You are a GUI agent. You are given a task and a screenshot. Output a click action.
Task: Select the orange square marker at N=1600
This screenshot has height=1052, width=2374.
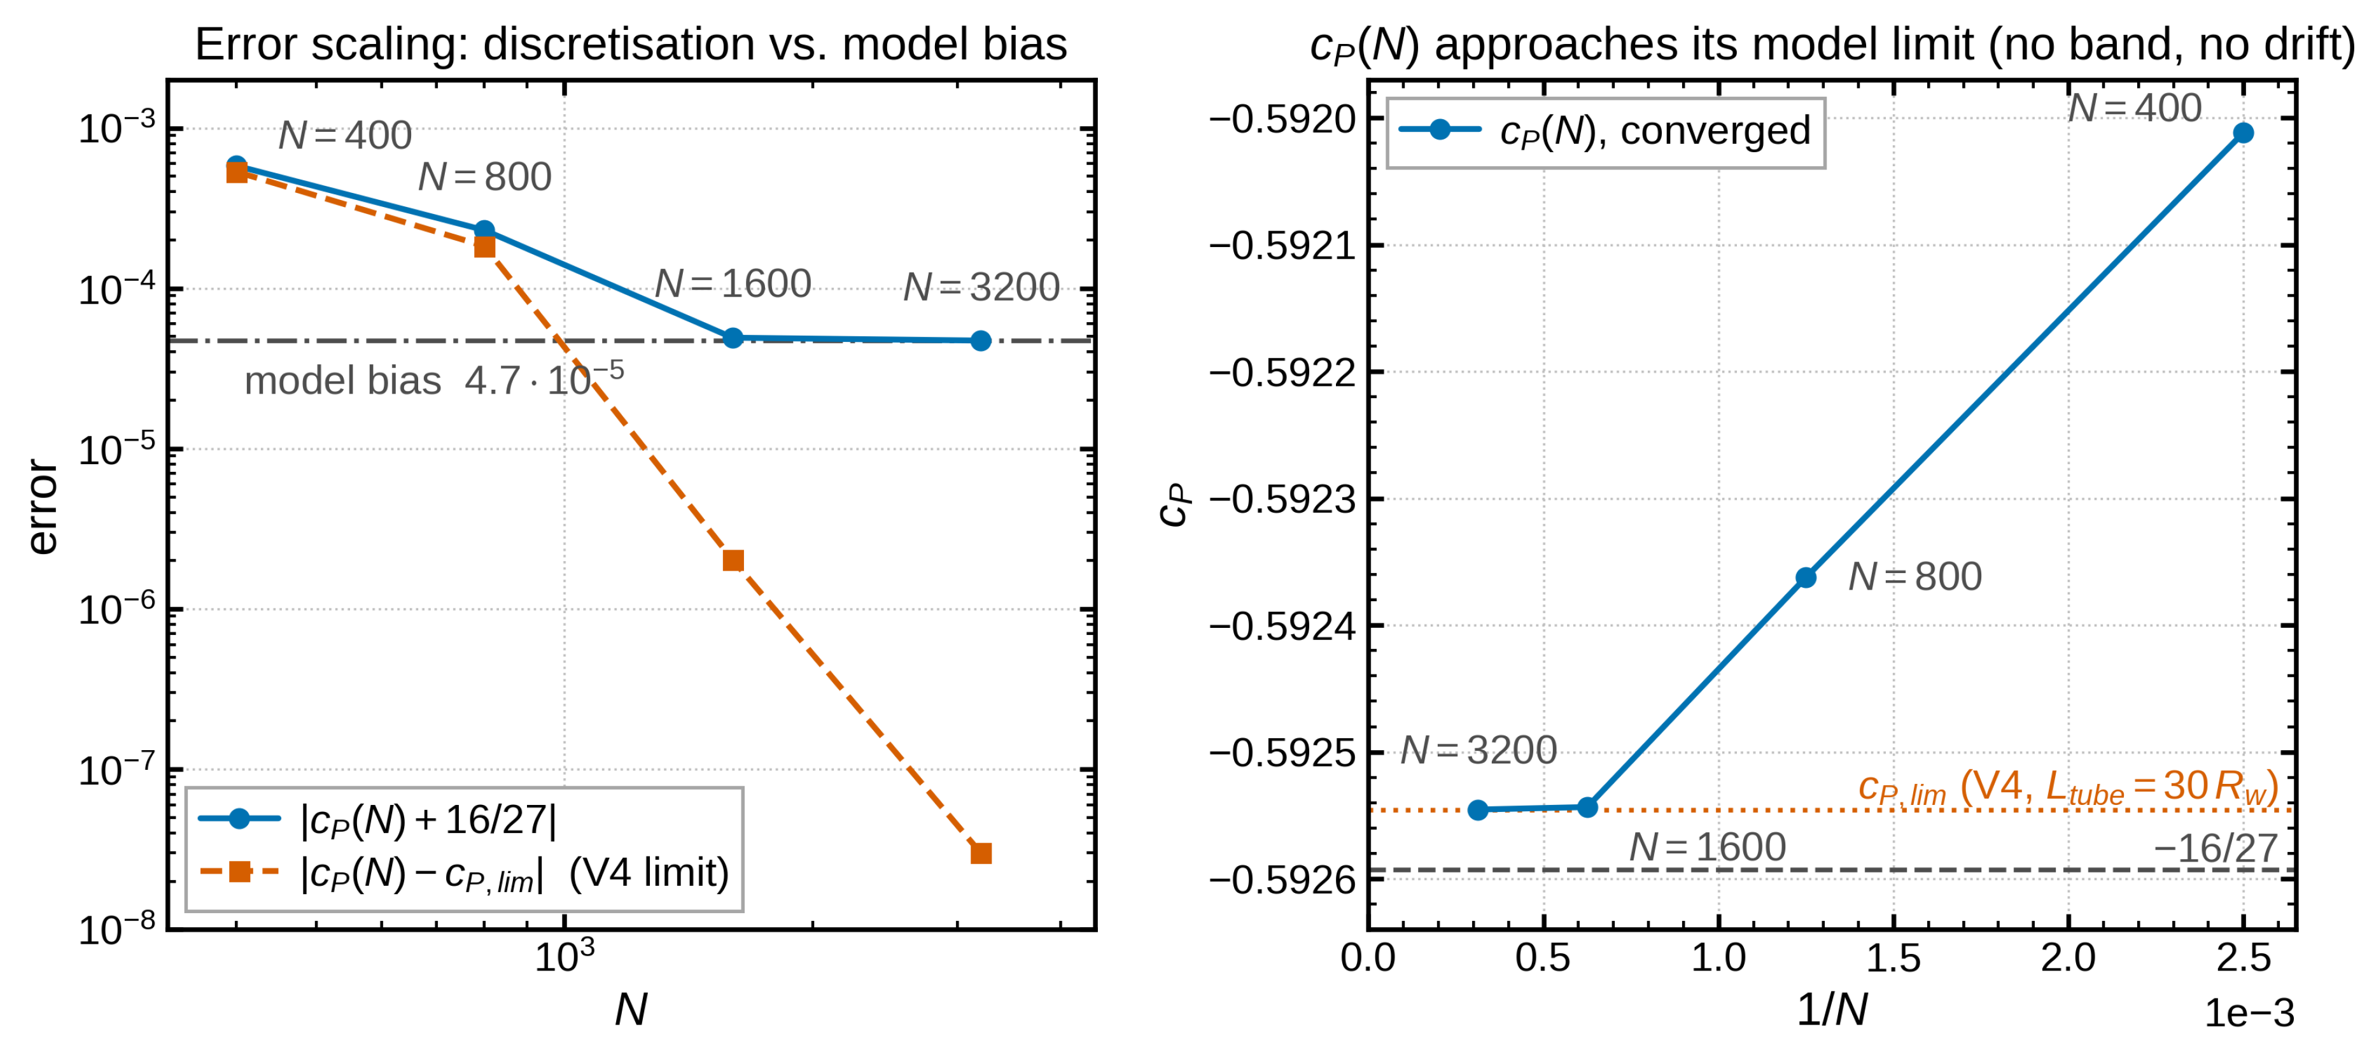tap(733, 560)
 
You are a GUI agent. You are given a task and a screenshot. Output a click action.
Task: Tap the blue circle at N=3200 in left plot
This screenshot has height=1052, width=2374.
tap(981, 341)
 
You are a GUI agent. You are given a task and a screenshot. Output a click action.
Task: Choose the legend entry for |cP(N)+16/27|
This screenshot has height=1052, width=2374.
tap(378, 819)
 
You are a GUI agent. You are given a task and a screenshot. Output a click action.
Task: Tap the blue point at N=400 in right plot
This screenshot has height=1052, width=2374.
tap(2243, 132)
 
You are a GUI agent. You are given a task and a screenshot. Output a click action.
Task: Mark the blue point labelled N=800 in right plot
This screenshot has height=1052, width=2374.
tap(1806, 578)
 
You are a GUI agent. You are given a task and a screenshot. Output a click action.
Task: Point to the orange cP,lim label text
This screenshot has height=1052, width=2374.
tap(2067, 787)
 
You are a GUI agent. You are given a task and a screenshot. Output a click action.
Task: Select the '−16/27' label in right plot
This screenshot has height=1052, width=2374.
tap(2214, 848)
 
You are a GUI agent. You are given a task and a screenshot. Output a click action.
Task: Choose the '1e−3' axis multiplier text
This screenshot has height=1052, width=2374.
tap(2249, 1013)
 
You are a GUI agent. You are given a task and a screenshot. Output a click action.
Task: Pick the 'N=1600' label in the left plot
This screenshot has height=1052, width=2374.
tap(733, 283)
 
